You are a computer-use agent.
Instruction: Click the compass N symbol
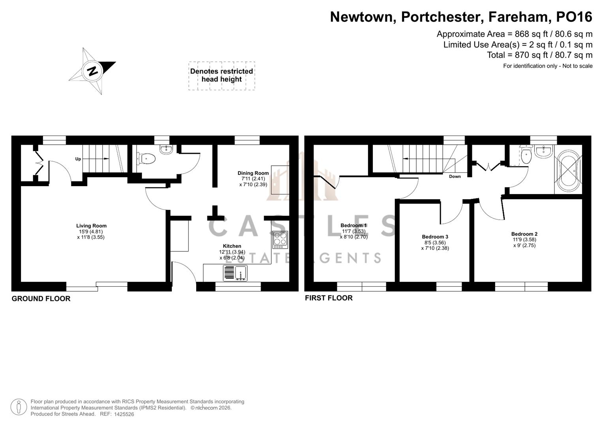point(93,71)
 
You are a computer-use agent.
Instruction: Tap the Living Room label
point(91,226)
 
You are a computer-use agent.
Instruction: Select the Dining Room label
point(253,173)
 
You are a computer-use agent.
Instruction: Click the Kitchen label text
point(232,246)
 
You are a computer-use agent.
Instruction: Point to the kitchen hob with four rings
point(280,239)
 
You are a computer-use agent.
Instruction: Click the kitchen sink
point(235,273)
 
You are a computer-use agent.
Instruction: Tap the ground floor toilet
point(147,159)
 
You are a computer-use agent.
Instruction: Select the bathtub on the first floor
point(568,170)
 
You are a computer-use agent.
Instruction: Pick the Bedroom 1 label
point(353,225)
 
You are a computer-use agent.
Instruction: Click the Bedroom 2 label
point(524,234)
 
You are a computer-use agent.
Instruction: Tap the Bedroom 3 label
point(435,237)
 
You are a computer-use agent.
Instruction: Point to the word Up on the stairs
point(78,159)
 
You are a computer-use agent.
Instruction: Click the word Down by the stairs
point(455,176)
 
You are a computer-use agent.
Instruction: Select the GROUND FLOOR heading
point(41,299)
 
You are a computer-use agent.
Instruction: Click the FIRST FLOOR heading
point(329,298)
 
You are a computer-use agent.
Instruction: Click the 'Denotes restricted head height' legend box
point(222,76)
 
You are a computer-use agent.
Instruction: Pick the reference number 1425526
point(124,414)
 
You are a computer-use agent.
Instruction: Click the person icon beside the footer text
point(19,407)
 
